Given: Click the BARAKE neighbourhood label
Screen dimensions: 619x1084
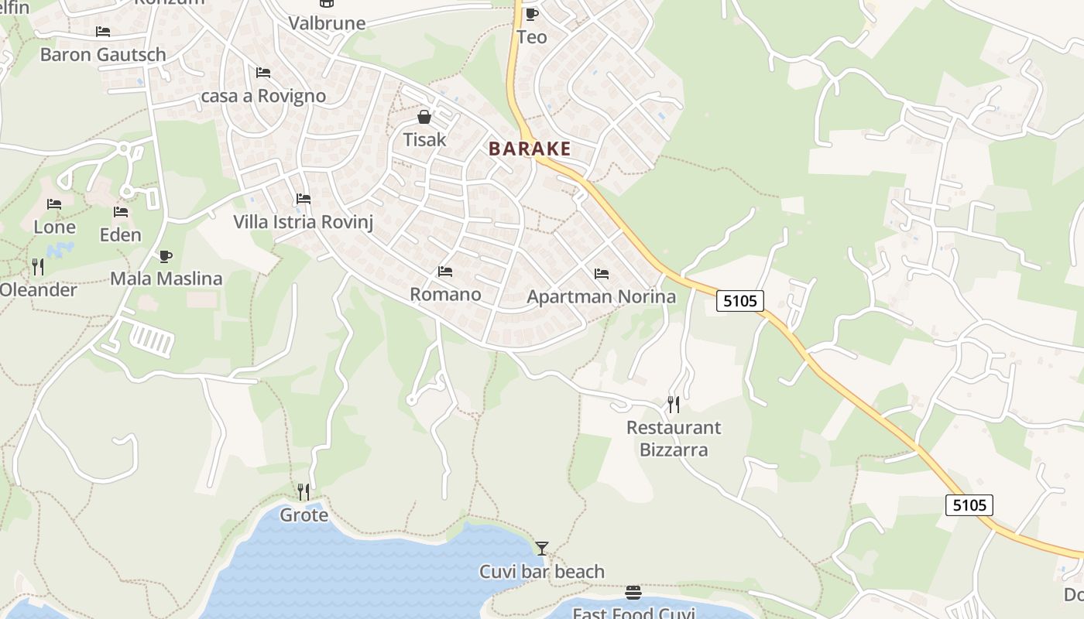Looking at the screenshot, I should (x=530, y=149).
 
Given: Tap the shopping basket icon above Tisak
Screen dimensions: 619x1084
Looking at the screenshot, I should (x=424, y=118).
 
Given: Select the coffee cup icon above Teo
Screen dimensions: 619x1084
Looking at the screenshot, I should (x=531, y=14).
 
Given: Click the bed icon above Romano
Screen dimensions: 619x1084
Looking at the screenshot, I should (x=444, y=272).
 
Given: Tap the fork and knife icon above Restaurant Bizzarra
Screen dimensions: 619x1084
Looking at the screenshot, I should (x=673, y=404).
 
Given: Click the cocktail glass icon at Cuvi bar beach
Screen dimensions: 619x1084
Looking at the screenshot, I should (x=542, y=549).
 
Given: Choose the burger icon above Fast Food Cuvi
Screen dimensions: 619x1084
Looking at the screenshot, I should (x=633, y=593).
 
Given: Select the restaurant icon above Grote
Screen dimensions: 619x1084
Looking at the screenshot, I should (x=304, y=491).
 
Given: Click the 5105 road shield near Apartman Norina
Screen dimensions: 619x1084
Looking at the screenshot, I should (x=739, y=300).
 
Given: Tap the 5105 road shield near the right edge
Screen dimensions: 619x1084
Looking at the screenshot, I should (x=969, y=505).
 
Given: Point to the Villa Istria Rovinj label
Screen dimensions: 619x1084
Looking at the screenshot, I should (x=304, y=222).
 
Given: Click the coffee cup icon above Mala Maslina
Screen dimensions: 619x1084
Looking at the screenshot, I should (x=165, y=256).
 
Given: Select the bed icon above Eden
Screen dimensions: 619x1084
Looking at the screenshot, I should (x=120, y=212).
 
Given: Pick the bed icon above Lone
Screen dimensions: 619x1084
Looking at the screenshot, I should (x=53, y=204).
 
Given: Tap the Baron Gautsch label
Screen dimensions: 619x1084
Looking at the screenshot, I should (x=103, y=54).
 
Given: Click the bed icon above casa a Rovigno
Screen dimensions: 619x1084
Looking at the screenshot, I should (x=263, y=73).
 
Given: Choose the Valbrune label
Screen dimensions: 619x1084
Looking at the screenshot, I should (x=327, y=23).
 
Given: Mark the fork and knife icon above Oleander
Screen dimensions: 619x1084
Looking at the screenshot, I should (x=37, y=267).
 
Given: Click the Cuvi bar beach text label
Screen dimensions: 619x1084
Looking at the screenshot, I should (x=542, y=572).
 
